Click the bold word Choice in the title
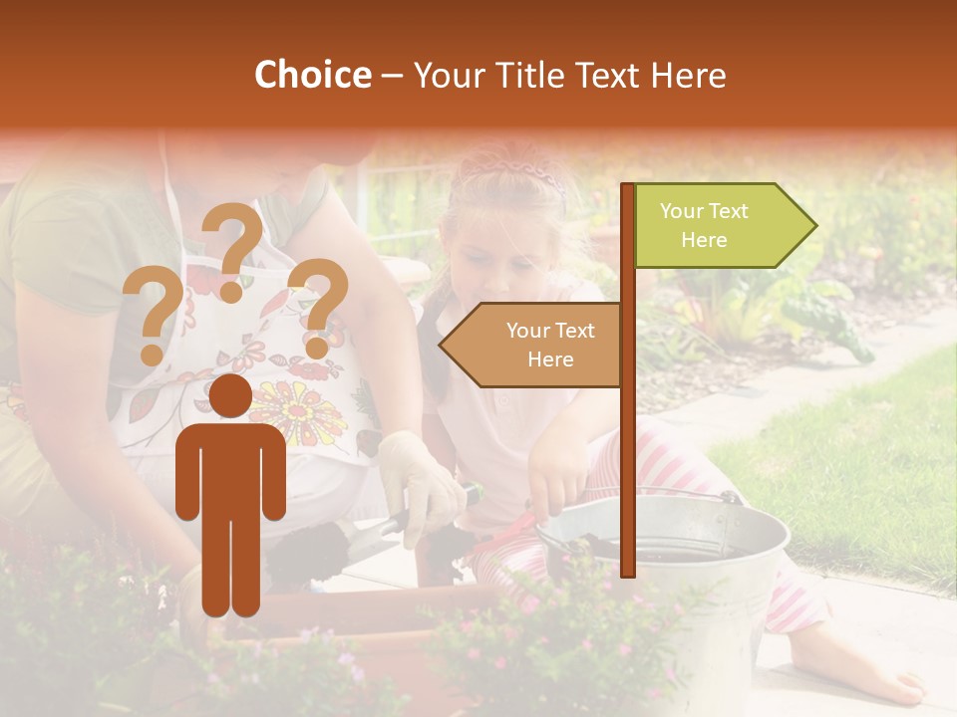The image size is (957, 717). (x=312, y=76)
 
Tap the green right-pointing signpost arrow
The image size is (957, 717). (x=723, y=226)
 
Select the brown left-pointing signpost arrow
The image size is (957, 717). (x=533, y=345)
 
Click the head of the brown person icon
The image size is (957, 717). (x=231, y=396)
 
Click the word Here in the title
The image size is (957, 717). (x=687, y=76)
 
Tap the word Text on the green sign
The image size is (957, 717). (x=731, y=211)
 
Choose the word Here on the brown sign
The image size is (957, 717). (x=550, y=359)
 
